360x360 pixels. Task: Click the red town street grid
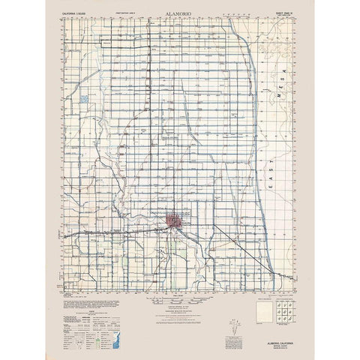[177, 221]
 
